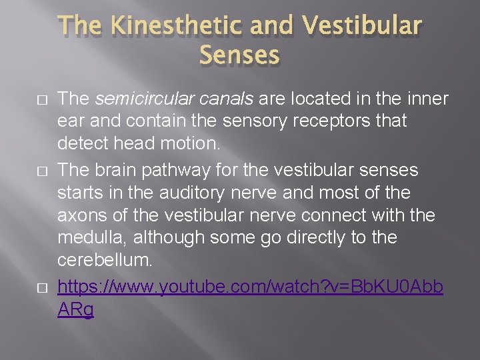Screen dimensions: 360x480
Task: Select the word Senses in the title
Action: (x=239, y=55)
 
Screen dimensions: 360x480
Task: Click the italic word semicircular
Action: (x=137, y=99)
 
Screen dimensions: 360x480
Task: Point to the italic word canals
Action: (x=217, y=99)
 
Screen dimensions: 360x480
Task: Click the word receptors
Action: (x=341, y=122)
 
